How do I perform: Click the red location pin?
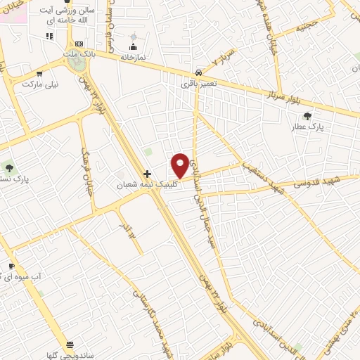coord(180,165)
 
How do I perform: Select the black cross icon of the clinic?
coord(147,174)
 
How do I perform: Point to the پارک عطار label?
coord(307,127)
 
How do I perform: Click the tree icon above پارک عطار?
coord(307,116)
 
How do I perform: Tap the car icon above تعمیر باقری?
coord(199,73)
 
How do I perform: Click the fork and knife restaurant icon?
coord(49,36)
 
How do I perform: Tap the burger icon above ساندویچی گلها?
coord(70,345)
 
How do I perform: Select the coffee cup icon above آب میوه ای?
coord(11,266)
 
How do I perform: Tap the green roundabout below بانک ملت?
coord(78,65)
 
